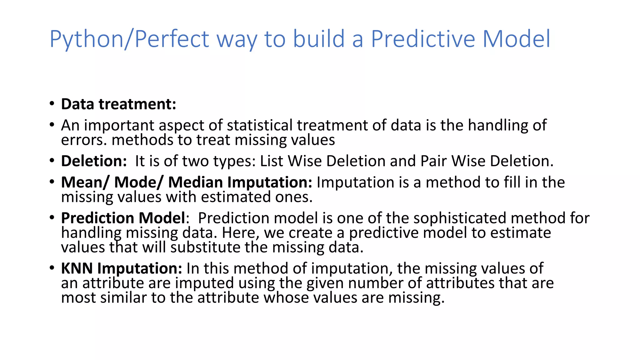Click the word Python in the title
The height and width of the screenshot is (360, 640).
86,39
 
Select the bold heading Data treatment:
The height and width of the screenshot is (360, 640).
118,104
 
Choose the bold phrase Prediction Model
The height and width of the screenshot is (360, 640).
123,218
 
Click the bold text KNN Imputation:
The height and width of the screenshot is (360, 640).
121,268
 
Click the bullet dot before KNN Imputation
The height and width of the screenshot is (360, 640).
52,268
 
